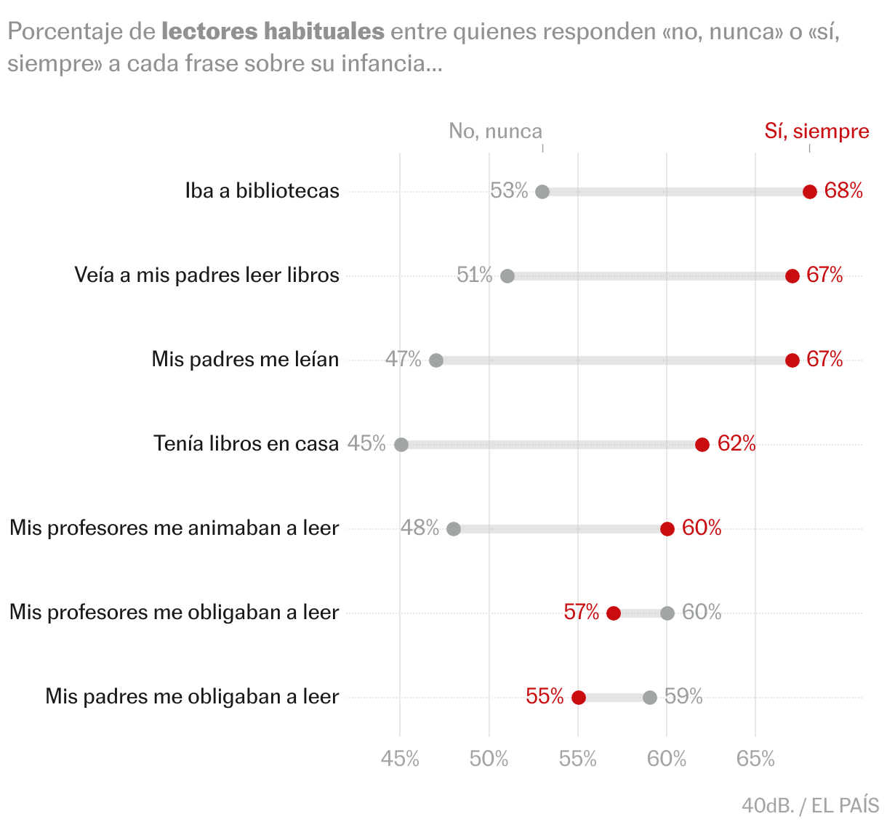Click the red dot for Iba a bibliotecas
pos(810,192)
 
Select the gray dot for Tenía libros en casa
pos(401,445)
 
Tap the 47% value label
pos(404,359)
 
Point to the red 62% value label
pos(737,443)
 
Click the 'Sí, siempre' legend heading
pos(816,131)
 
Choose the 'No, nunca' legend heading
pos(496,131)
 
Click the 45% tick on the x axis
pos(400,759)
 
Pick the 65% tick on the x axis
pos(755,759)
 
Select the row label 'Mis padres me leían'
pos(245,359)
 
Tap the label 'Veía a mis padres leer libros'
pos(206,275)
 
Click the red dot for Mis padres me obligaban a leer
pos(579,698)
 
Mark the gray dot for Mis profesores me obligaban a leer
pos(667,613)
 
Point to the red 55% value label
pos(545,696)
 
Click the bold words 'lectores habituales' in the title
pos(273,32)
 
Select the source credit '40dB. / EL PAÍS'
pos(810,805)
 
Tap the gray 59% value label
pos(683,696)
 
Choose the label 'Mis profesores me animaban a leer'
pos(174,528)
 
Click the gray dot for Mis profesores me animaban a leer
pos(454,529)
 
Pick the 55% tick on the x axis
pos(578,759)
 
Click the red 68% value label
pos(843,190)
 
